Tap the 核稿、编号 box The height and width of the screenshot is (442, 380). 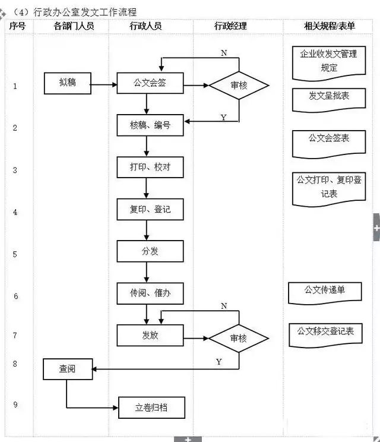(x=150, y=125)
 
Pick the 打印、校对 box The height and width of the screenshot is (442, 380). (x=150, y=167)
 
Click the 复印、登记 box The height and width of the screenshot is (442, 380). (x=150, y=209)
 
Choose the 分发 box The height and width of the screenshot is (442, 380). (x=150, y=251)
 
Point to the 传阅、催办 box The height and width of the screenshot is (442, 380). (x=150, y=293)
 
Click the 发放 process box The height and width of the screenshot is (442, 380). (x=150, y=335)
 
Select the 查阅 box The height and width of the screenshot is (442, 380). (x=67, y=369)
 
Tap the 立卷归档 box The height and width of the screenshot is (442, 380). (x=151, y=408)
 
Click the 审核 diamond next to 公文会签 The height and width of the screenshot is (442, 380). (x=239, y=85)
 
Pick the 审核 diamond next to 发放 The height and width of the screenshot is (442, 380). (x=239, y=338)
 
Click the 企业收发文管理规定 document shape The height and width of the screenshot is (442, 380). (x=328, y=61)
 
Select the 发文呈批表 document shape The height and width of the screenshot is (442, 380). (x=328, y=97)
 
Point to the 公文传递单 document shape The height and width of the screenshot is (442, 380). (x=324, y=291)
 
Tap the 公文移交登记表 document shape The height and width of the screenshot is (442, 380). (x=325, y=331)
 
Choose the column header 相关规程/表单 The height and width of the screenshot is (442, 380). (x=329, y=26)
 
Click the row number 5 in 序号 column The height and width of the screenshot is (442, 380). (x=15, y=254)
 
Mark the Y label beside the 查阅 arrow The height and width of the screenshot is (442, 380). (x=219, y=362)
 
